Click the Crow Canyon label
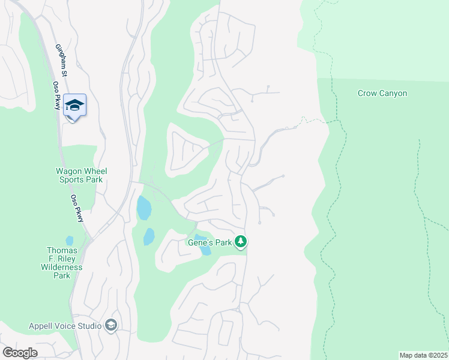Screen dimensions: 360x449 [x=382, y=93]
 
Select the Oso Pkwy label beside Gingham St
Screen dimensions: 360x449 [x=57, y=95]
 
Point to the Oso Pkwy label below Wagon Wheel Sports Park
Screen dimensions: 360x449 [x=77, y=208]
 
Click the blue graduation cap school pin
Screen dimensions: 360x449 [x=74, y=106]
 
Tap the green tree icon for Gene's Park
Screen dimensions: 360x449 [x=241, y=242]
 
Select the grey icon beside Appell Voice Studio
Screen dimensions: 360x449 [x=110, y=325]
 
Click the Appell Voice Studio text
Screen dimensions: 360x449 [x=65, y=326]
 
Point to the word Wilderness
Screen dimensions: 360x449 [x=61, y=267]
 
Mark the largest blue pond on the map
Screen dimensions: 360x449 [x=143, y=208]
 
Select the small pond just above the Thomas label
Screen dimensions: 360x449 [x=69, y=240]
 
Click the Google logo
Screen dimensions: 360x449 [x=20, y=353]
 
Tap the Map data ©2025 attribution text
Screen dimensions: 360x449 [x=423, y=355]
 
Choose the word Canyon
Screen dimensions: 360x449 [x=394, y=93]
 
